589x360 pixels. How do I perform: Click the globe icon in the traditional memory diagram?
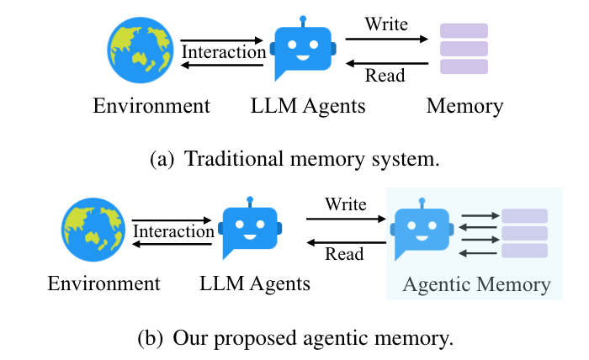[141, 50]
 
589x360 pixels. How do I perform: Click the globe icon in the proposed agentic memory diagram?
[93, 230]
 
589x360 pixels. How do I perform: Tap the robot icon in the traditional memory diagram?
[303, 49]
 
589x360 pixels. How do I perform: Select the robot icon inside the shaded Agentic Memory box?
[422, 230]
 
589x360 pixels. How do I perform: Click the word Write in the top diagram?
[386, 24]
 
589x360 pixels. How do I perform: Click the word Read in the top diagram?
[385, 75]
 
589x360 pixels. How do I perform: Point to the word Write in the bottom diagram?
[346, 204]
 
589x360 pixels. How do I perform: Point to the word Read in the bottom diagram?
[344, 254]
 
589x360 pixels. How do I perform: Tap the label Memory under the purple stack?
[464, 106]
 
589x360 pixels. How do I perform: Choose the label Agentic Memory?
[477, 284]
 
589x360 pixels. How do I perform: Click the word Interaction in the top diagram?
[224, 52]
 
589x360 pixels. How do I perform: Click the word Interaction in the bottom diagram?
[173, 231]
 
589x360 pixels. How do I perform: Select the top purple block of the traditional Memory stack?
[464, 31]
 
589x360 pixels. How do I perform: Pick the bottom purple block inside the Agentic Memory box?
[524, 251]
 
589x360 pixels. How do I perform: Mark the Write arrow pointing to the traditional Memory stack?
[386, 39]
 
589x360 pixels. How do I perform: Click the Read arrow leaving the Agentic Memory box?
[347, 242]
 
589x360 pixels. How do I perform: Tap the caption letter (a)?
[162, 159]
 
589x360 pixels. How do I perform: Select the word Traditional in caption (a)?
[234, 158]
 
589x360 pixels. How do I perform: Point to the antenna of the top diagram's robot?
[303, 21]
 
